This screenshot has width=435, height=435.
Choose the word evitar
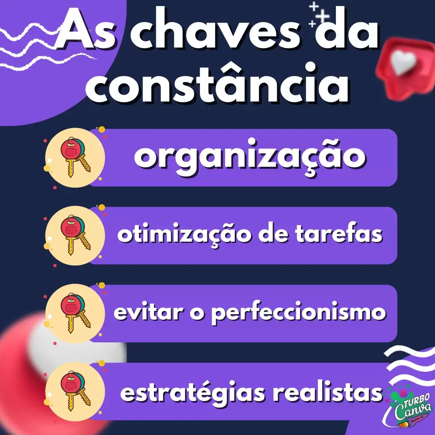pos(149,312)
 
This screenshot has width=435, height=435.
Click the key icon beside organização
pos(75,157)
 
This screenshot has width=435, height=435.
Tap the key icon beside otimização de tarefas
pos(75,235)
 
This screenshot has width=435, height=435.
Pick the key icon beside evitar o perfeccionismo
pos(75,313)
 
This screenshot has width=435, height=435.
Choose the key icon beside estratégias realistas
pos(75,391)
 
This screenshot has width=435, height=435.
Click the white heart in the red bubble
pos(402,63)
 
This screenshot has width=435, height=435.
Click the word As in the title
pos(85,31)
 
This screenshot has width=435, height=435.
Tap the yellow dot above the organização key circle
pos(102,130)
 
